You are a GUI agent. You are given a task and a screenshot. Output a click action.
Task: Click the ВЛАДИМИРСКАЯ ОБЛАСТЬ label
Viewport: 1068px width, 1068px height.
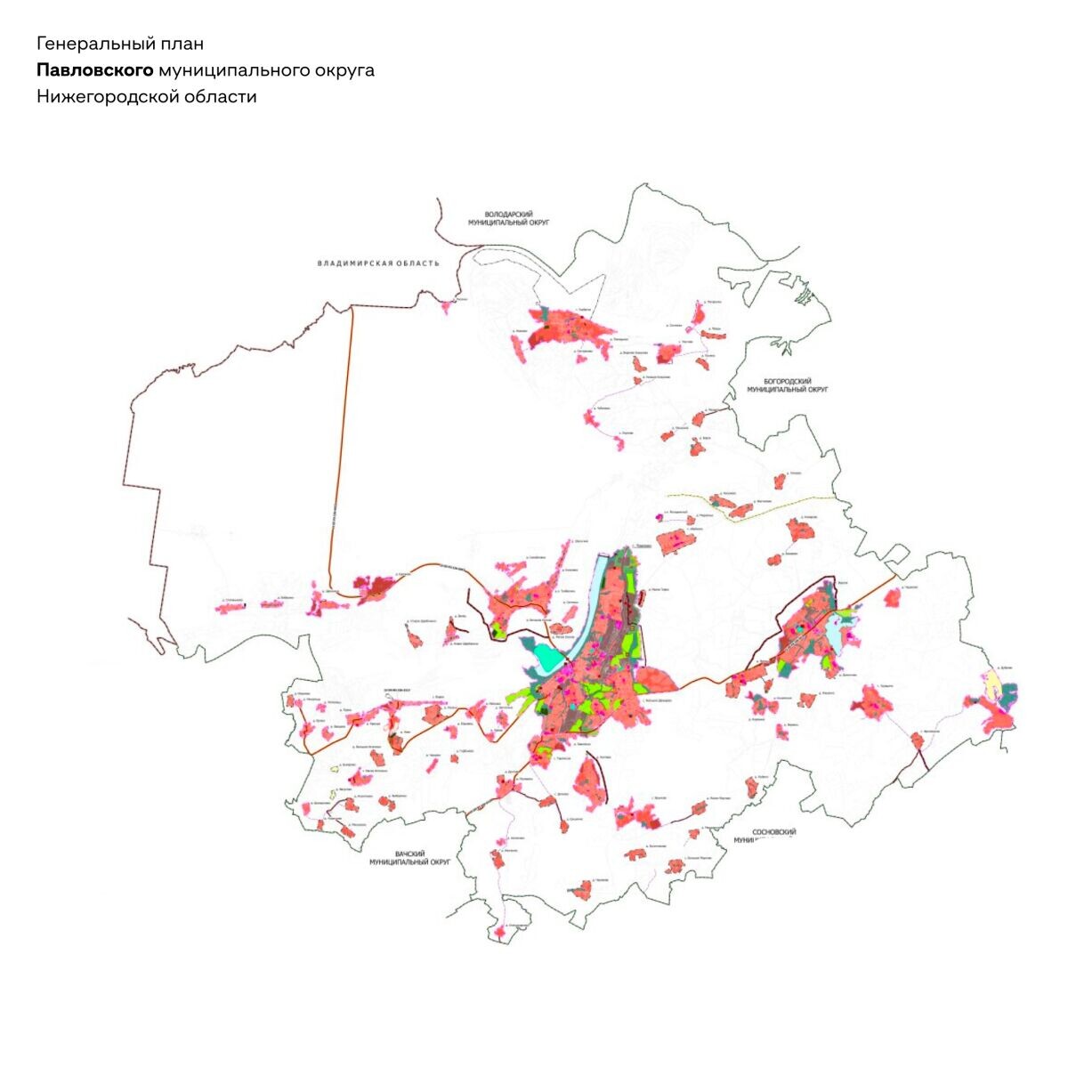(x=378, y=263)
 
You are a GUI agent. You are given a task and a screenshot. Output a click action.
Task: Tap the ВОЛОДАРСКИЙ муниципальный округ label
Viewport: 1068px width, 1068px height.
(x=508, y=218)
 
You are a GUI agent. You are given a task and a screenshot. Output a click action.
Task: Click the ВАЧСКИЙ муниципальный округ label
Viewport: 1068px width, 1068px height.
(x=409, y=858)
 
